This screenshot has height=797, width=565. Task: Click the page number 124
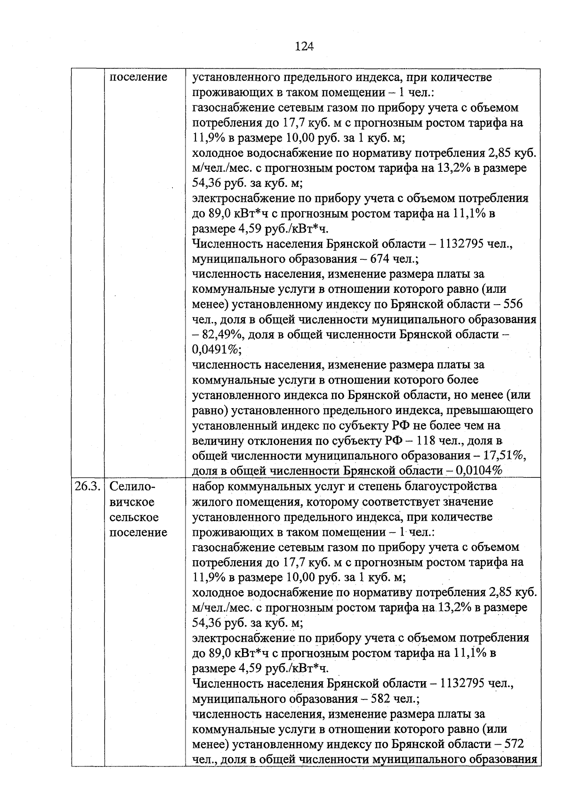pos(304,46)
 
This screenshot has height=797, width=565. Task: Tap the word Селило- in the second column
pos(132,486)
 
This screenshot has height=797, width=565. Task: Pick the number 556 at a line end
pos(513,304)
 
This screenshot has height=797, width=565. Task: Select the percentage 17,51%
pos(505,456)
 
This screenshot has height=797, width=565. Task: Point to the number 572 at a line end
pos(514,744)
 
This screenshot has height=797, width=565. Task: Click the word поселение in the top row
pos(138,77)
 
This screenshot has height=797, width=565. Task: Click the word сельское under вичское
pos(134,517)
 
